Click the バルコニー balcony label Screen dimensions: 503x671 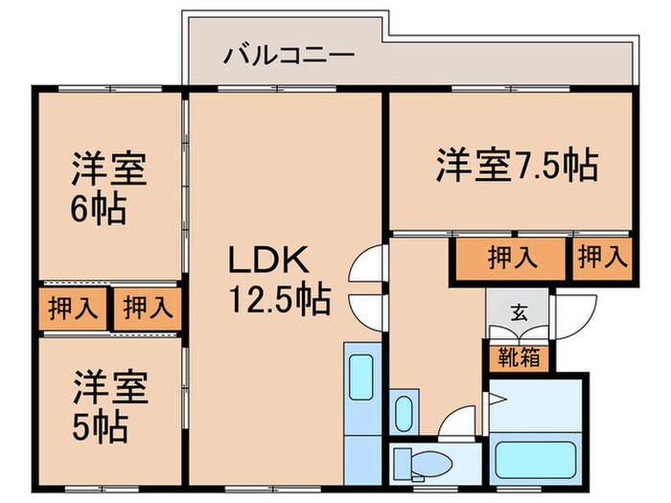pos(289,55)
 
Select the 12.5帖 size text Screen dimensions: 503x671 pos(278,301)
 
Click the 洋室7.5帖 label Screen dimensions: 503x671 pos(517,165)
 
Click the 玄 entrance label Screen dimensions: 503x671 pos(518,313)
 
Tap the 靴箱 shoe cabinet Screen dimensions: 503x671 pos(517,357)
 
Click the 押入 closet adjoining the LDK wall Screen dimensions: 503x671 pos(146,309)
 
